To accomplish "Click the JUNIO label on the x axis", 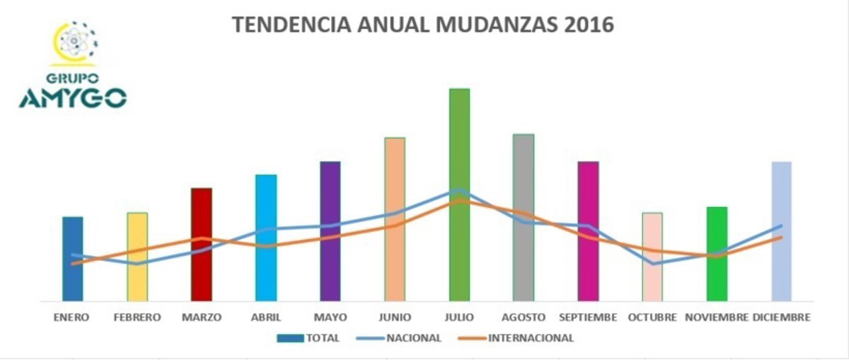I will (x=395, y=317).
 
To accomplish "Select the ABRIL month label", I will (x=265, y=317).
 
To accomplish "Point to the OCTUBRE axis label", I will (x=652, y=317).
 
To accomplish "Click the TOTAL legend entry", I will (x=309, y=338).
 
